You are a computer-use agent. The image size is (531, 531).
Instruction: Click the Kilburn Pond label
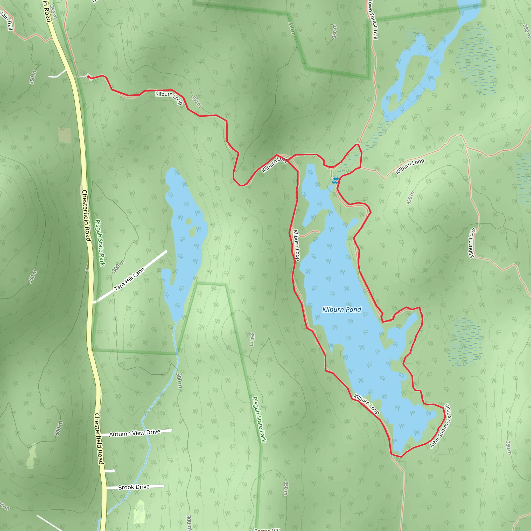click(x=341, y=310)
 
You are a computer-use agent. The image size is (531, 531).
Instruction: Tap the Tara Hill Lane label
click(x=129, y=279)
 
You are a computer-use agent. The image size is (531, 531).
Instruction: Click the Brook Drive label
click(x=134, y=487)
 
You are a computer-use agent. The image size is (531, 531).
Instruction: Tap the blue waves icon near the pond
click(x=336, y=180)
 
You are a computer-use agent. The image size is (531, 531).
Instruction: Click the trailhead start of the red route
click(x=88, y=77)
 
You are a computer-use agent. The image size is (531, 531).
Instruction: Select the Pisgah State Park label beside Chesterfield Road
click(x=100, y=242)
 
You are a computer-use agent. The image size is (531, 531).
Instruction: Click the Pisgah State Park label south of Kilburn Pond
click(x=259, y=419)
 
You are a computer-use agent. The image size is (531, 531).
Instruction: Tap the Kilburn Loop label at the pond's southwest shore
click(x=366, y=404)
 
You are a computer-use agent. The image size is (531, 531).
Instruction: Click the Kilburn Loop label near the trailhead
click(x=169, y=97)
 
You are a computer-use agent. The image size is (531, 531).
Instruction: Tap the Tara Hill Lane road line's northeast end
click(x=166, y=251)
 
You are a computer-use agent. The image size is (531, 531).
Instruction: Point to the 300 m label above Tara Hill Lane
click(x=118, y=266)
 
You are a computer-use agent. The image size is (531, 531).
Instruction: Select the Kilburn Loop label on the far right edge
click(x=472, y=243)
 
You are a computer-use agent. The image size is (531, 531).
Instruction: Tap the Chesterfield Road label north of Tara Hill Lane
click(x=86, y=215)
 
